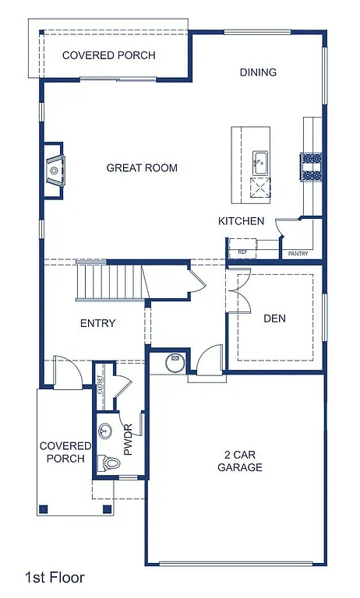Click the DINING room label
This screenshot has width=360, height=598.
pyautogui.click(x=258, y=72)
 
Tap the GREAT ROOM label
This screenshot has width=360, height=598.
pyautogui.click(x=142, y=167)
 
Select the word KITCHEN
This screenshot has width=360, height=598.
pyautogui.click(x=241, y=221)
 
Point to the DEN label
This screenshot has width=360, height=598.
pyautogui.click(x=274, y=318)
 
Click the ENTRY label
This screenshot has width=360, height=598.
pyautogui.click(x=97, y=323)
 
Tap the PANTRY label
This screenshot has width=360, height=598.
pyautogui.click(x=298, y=253)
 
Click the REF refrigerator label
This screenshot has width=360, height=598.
pyautogui.click(x=242, y=252)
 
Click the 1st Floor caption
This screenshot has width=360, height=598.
pyautogui.click(x=55, y=578)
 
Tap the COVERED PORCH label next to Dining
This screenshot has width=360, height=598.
pyautogui.click(x=108, y=55)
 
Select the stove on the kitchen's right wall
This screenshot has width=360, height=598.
pyautogui.click(x=312, y=166)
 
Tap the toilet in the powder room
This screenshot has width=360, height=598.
pyautogui.click(x=111, y=463)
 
